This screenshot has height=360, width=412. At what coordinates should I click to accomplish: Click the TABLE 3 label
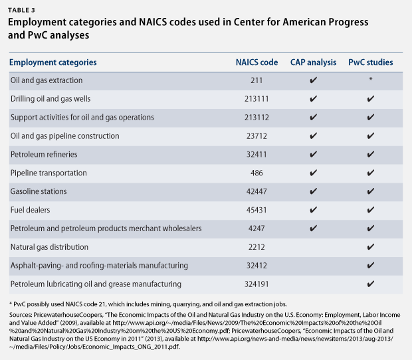click(21, 10)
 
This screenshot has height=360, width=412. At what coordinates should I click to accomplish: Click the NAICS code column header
click(257, 62)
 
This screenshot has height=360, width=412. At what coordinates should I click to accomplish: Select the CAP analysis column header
click(313, 62)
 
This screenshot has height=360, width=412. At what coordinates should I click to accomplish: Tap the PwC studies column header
click(371, 62)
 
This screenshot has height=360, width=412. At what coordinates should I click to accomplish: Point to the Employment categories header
click(52, 62)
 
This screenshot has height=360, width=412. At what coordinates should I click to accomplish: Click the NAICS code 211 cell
click(257, 80)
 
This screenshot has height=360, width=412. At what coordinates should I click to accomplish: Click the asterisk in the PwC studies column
click(371, 79)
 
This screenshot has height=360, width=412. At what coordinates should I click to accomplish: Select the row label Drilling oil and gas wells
click(51, 99)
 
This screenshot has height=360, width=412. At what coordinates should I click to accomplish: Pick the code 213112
click(257, 118)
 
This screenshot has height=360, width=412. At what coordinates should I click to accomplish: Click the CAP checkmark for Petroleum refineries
click(313, 154)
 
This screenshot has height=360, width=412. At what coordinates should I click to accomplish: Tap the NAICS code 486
click(257, 173)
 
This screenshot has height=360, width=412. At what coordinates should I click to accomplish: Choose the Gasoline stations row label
click(39, 191)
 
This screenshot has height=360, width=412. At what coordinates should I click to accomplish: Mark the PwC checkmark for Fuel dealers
click(371, 210)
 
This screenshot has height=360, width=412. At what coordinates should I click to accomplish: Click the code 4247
click(257, 228)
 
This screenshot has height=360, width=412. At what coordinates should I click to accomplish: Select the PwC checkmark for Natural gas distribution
click(371, 247)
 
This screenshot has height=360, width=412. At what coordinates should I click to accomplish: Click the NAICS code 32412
click(257, 266)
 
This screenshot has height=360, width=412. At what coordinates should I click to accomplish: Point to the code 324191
click(257, 284)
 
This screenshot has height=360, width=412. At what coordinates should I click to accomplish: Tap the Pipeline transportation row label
click(49, 173)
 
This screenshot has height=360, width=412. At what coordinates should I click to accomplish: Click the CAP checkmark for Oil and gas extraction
click(313, 80)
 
